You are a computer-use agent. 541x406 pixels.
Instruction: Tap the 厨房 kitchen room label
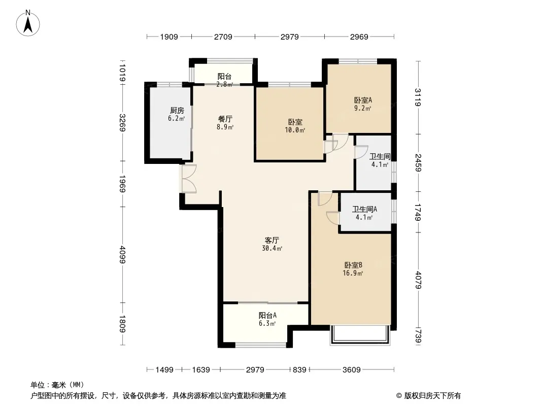pos(177,111)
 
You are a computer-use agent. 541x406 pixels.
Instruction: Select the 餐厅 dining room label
pos(225,119)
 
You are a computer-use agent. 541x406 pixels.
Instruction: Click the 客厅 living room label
pos(272,240)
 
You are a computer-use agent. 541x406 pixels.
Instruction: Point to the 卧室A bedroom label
pos(363,100)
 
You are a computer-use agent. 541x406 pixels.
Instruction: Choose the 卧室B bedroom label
pos(353,265)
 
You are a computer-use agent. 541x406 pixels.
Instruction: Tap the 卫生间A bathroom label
pos(364,210)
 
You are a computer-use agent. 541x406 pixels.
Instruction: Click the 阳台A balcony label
pos(267,315)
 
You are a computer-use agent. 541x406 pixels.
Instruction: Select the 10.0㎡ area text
pos(295,130)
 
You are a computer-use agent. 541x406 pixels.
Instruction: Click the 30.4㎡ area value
pos(272,248)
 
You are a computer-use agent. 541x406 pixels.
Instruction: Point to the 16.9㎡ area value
pos(353,274)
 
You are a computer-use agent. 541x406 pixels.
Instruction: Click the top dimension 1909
pos(169,37)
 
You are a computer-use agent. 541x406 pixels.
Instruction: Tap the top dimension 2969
pos(359,37)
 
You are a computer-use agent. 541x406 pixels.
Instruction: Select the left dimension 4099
pos(123,255)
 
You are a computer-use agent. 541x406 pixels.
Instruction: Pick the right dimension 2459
pos(418,162)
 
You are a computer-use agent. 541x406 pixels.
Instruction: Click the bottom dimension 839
pos(299,370)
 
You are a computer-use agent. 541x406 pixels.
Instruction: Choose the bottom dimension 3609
pos(352,370)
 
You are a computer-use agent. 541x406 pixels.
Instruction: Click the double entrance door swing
pos(189,178)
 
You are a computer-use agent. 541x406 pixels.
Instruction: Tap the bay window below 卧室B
pos(360,334)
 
